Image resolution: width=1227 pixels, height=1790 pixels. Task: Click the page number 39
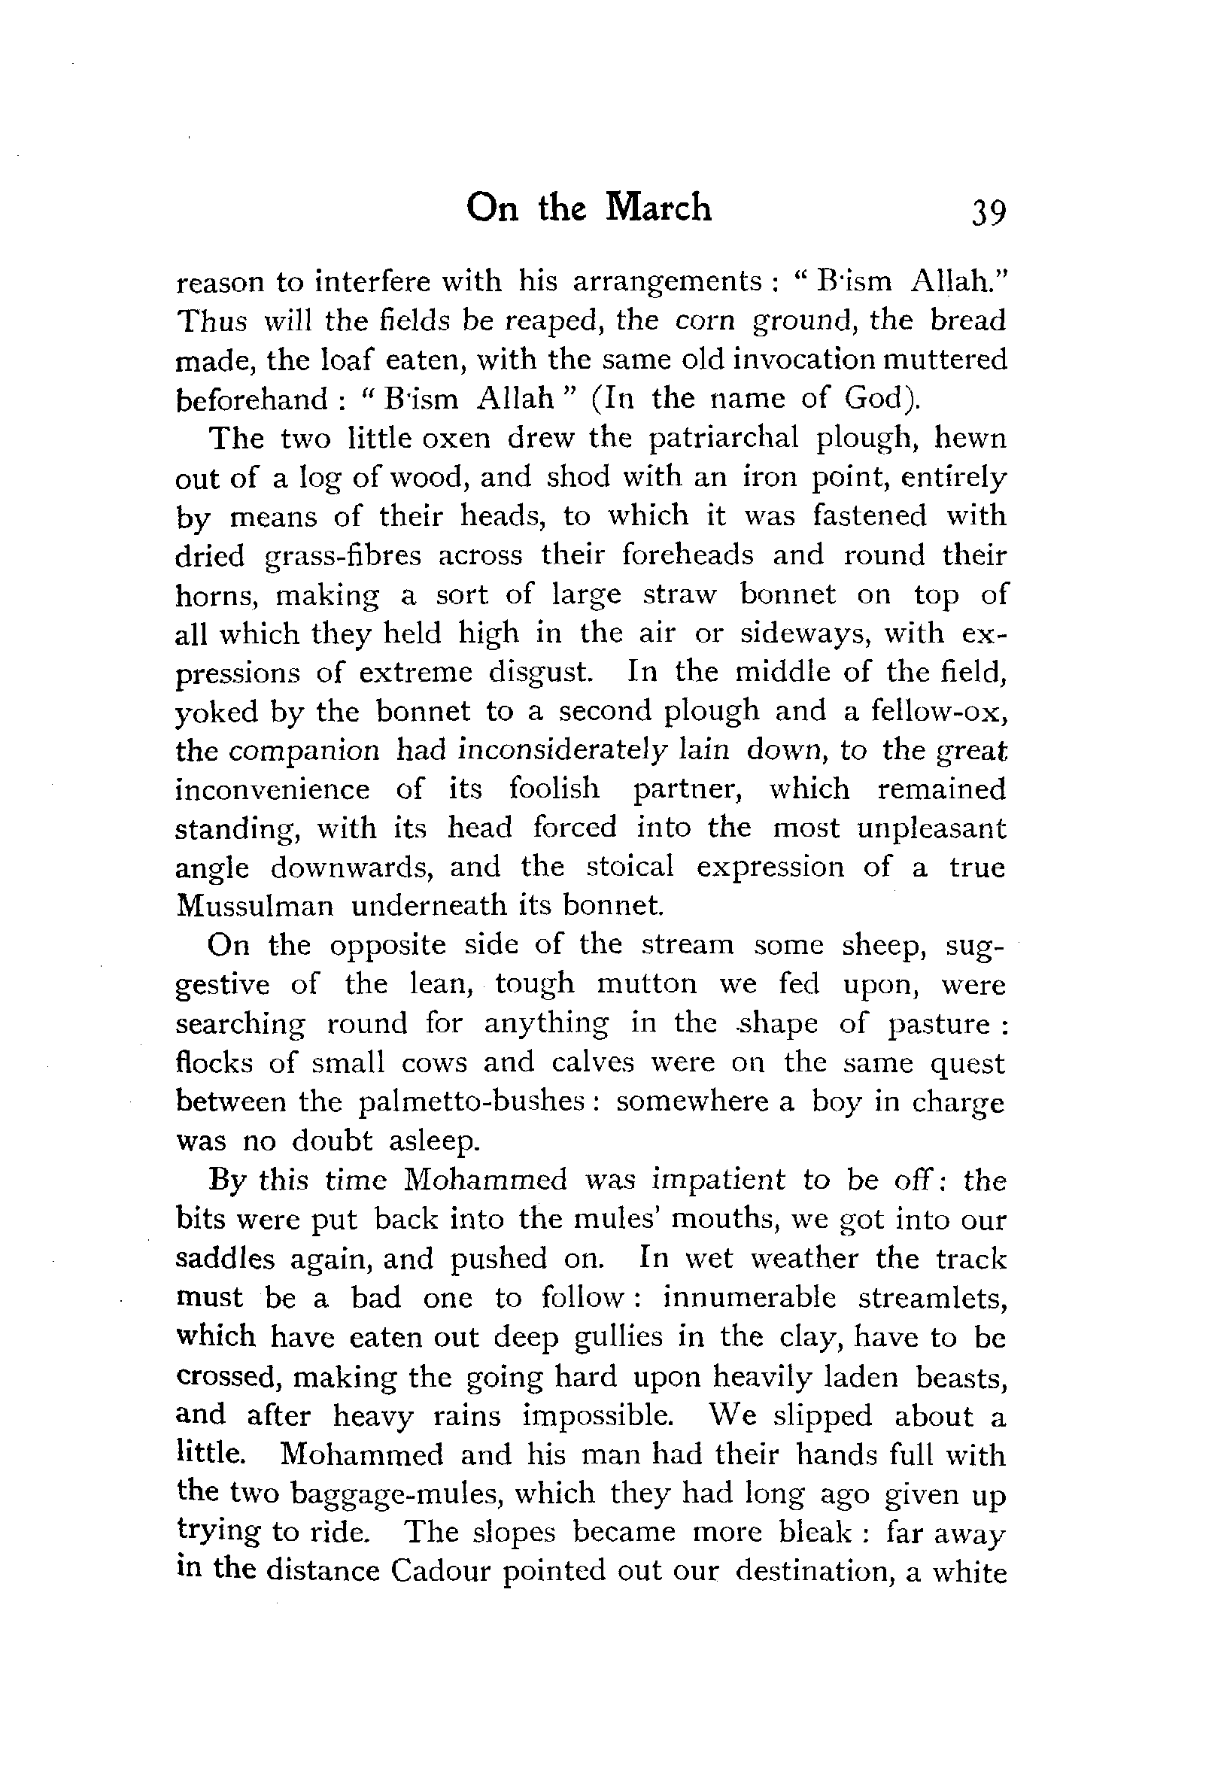tap(989, 212)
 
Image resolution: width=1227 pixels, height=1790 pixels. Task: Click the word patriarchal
tap(724, 438)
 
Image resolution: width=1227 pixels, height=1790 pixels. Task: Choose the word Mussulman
tap(255, 906)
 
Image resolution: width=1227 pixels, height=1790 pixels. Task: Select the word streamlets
tap(932, 1298)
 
